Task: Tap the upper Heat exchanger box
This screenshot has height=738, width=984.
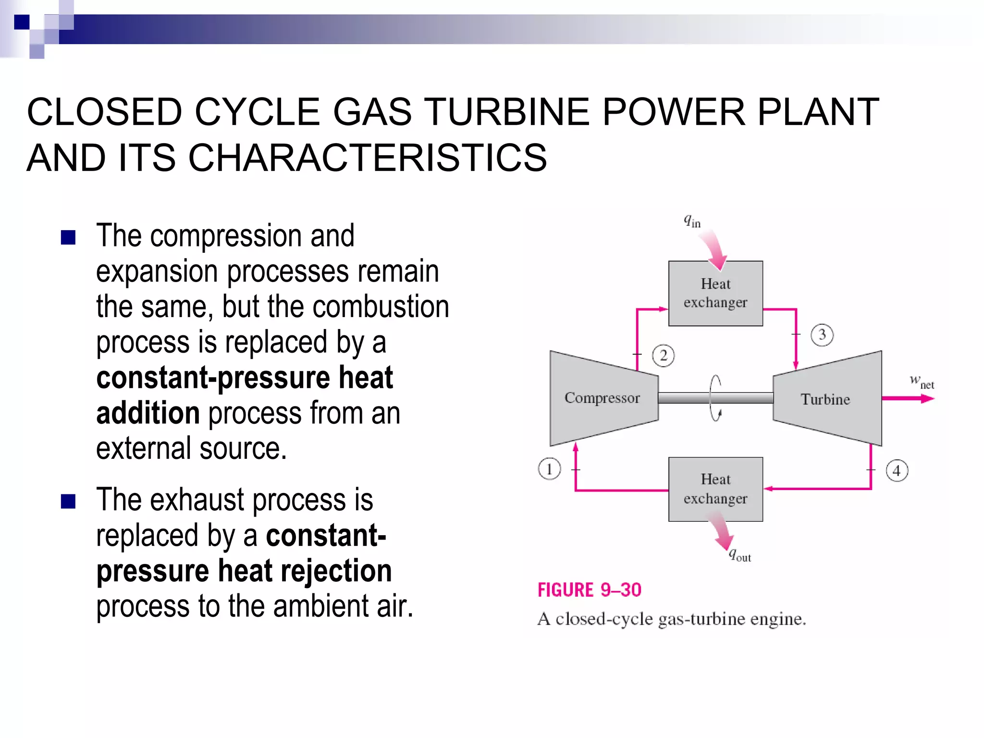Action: tap(715, 293)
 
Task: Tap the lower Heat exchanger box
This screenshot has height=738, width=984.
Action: tap(715, 489)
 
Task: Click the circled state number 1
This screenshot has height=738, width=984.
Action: tap(549, 469)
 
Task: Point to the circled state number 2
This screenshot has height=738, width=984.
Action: tap(663, 356)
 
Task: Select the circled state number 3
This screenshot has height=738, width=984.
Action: tap(822, 335)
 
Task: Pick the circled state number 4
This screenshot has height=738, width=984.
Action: tap(897, 470)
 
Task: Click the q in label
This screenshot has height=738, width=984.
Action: tap(692, 221)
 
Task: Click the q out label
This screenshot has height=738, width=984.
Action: tap(740, 555)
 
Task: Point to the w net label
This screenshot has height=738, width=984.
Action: tap(922, 382)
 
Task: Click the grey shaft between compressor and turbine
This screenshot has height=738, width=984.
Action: tap(692, 398)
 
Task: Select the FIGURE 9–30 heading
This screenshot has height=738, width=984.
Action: tap(589, 590)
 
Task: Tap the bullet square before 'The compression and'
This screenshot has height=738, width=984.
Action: tap(68, 237)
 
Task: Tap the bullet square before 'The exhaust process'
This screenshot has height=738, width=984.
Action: tap(68, 501)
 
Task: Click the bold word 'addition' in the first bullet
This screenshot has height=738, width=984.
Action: tap(148, 413)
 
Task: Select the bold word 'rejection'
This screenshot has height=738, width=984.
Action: tap(336, 571)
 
